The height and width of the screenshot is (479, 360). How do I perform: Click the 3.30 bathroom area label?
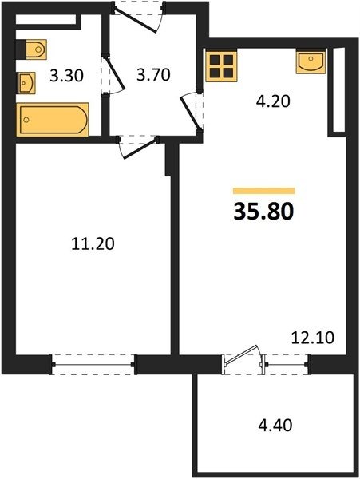pos(66,76)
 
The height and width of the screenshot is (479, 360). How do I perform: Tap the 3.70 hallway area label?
pos(153,75)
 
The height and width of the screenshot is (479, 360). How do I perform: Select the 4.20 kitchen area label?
pos(273,101)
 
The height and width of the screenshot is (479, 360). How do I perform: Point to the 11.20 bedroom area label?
pos(93,243)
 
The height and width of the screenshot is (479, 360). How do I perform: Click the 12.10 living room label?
pos(313,338)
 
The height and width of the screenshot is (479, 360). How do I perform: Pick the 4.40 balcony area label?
pos(275,425)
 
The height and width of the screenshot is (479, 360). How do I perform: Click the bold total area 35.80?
pos(263,212)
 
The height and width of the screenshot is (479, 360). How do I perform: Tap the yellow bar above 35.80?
pos(264,191)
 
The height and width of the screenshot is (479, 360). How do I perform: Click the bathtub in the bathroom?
pos(53,120)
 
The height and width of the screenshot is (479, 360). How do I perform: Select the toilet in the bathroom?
pos(31,49)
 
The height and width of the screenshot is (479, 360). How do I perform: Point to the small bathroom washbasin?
pos(26,83)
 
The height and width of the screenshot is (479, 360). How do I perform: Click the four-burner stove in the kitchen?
pos(222,67)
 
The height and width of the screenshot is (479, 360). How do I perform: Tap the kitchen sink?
pos(311,62)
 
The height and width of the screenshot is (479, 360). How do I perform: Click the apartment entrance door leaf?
pos(136,19)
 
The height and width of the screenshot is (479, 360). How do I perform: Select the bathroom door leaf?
pos(114,72)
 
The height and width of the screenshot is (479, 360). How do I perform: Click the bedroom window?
pos(93,365)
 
